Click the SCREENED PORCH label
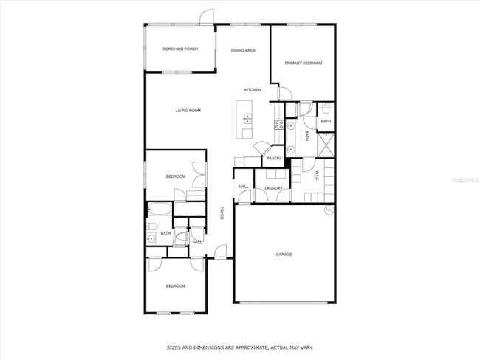179,49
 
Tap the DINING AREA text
243,50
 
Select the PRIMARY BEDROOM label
304,63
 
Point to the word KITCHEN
253,90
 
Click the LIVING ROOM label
188,111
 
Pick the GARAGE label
284,255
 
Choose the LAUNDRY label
273,189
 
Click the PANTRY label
274,158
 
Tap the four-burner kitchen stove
279,125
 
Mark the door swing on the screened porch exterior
208,16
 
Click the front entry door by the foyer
219,252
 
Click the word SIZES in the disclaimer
174,346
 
